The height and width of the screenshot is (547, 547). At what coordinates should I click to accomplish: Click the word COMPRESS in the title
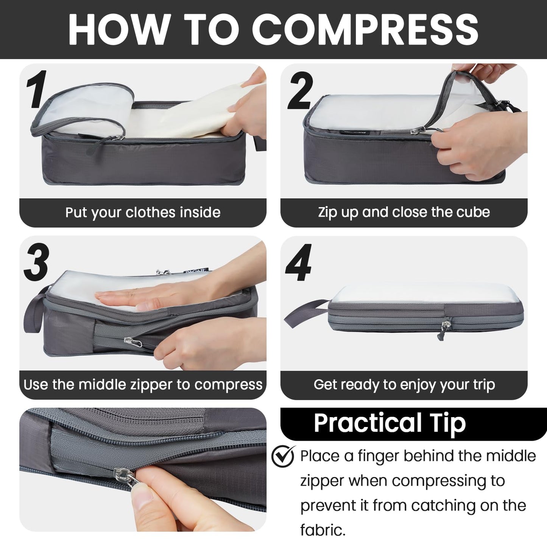point(365,30)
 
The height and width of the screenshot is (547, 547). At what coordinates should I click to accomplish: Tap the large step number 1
point(37,89)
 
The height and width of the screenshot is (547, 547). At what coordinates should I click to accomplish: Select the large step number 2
point(300,91)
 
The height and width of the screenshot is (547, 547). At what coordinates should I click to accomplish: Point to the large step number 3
point(36,262)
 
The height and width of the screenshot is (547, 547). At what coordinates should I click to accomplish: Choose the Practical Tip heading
point(390,423)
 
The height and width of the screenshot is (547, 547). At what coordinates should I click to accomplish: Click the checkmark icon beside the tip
point(283,457)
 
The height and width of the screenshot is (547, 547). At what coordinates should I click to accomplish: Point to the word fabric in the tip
point(323,530)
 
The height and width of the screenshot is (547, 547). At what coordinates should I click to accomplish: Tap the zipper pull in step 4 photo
point(448,326)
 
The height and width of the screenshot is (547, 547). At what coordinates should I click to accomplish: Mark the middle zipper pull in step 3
point(132,342)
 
